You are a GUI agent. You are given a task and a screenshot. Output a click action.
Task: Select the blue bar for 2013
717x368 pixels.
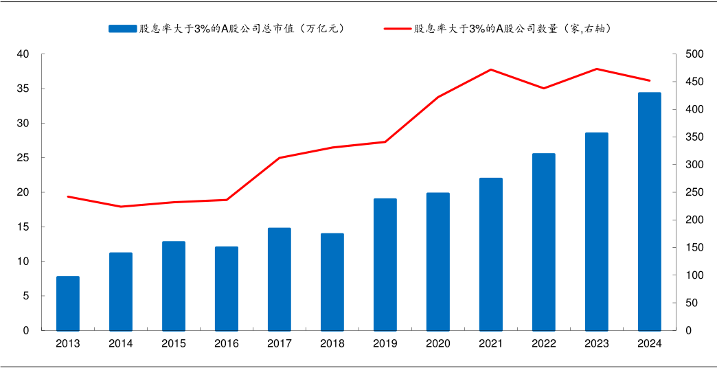coord(68,303)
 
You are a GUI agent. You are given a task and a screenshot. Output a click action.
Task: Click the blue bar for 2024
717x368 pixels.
coord(649,211)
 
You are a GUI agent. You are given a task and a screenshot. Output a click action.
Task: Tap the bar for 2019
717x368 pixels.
coord(385,264)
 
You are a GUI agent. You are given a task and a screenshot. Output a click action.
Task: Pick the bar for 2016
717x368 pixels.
coord(227,288)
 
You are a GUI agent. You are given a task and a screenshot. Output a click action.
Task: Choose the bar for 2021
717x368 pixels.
coord(490,254)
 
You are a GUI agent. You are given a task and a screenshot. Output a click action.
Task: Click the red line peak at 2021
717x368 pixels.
coord(490,69)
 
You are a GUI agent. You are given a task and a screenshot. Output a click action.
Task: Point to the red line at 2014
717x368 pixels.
coord(121,207)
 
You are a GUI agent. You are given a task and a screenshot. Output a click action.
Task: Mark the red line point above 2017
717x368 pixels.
coord(280,158)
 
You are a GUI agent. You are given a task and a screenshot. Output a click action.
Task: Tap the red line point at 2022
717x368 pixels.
coord(544,89)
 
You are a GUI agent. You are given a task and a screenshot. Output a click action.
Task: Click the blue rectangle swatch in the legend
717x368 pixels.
coord(122,28)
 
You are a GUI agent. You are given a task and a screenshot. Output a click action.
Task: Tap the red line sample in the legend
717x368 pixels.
coord(398,28)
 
